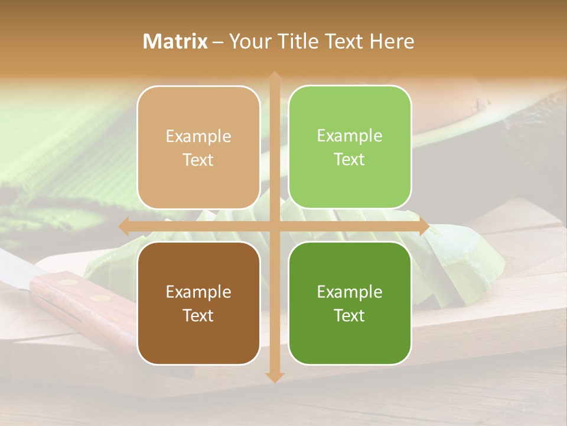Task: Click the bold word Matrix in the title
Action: click(175, 41)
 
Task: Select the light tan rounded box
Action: click(198, 147)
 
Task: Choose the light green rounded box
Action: click(350, 147)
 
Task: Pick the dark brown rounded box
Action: click(198, 303)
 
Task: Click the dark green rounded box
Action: click(350, 303)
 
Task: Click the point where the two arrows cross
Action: click(274, 226)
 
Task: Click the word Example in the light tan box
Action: click(198, 137)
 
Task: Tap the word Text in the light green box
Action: click(350, 160)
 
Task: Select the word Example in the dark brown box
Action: click(198, 292)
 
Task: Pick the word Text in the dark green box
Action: click(350, 315)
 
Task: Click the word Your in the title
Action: click(247, 41)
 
